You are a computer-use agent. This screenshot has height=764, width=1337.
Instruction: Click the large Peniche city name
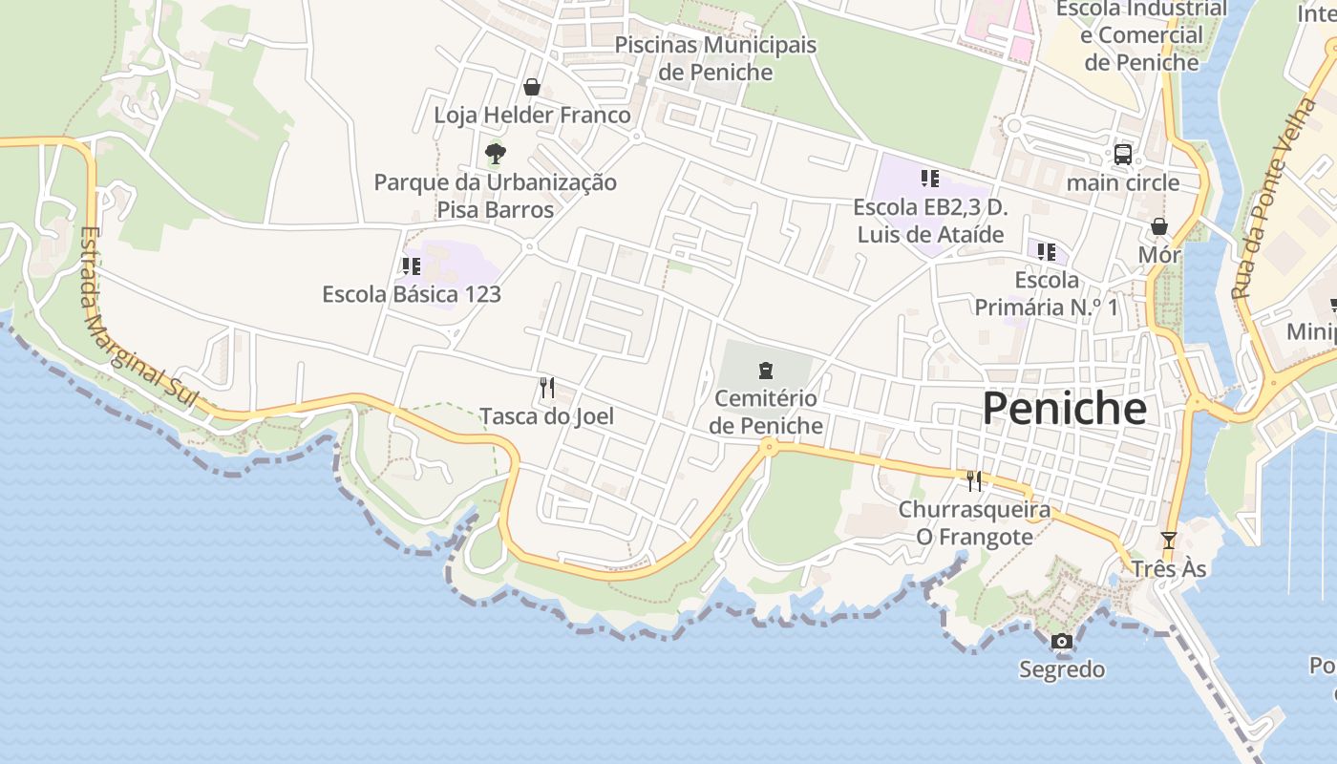(x=1064, y=409)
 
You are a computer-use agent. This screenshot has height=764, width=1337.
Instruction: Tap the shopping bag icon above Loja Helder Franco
(x=532, y=87)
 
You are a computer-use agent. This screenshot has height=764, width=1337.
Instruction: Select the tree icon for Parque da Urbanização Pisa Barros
(x=495, y=153)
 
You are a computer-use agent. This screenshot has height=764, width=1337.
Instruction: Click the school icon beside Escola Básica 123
(x=412, y=266)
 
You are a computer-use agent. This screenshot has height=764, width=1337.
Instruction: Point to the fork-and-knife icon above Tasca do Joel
(x=547, y=388)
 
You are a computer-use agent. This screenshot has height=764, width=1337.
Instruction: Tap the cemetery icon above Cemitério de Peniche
(x=764, y=371)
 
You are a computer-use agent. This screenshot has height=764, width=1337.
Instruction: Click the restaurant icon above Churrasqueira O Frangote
(x=974, y=480)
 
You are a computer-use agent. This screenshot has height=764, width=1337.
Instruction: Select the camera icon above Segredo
(x=1061, y=642)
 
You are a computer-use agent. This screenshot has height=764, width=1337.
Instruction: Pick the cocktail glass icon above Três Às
(x=1168, y=541)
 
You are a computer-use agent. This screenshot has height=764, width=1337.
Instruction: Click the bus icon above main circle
(x=1123, y=155)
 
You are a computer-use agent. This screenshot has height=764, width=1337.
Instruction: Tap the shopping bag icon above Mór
(x=1158, y=227)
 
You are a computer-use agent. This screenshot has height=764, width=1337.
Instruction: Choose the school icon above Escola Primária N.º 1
(x=1047, y=252)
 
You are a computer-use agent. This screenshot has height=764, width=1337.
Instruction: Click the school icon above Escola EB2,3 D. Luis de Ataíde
(x=929, y=179)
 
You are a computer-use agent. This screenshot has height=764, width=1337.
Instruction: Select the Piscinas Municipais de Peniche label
(x=715, y=58)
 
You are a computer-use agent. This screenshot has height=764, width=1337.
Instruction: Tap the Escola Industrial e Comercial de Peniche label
(x=1141, y=35)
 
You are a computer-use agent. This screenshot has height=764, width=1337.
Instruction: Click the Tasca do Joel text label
(x=546, y=416)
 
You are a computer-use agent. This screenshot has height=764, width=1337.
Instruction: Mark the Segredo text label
(x=1062, y=669)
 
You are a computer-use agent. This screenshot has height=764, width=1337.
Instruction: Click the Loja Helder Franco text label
(x=532, y=116)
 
